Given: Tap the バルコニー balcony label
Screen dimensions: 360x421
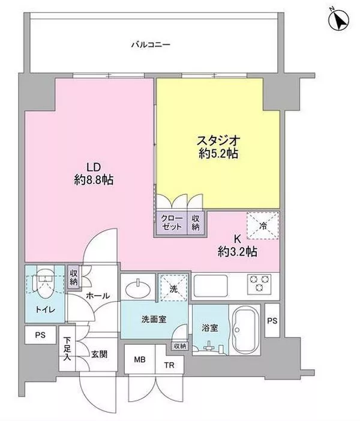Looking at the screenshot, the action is coord(151,44).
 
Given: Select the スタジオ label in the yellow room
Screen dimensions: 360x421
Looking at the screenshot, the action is coord(218,140).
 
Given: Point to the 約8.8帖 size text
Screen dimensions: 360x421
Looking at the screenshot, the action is coord(94,180).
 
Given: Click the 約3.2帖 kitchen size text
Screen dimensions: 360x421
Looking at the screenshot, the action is coord(238,251).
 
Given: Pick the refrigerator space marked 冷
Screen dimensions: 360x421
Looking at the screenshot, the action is coord(263,225).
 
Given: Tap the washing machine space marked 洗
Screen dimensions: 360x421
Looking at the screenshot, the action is coord(173,287).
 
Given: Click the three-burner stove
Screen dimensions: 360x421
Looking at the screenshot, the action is coord(259,283).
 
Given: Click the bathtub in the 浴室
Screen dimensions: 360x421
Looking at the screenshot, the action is coord(244,330).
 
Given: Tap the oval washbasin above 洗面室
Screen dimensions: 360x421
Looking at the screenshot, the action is coord(138,288).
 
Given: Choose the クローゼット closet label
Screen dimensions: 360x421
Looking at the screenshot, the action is coord(172,222).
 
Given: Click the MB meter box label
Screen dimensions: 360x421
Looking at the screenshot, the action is coord(140,359).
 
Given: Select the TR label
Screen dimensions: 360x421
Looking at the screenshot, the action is coord(169,365).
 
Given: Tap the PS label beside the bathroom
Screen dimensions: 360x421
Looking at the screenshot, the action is coord(272,321).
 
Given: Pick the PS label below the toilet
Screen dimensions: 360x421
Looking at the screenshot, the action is coord(40,335).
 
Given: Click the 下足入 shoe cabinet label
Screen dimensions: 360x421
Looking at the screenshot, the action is coord(67,349).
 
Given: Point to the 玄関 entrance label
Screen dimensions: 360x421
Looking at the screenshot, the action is coord(99,354).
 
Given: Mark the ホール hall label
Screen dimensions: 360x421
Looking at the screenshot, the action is coord(98,296).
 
